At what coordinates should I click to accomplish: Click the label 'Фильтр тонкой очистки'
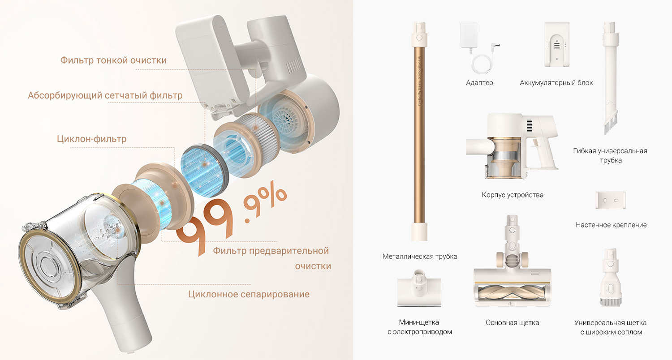click(x=113, y=60)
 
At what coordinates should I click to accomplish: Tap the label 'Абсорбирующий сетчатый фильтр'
click(x=105, y=95)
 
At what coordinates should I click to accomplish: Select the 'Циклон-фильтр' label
click(x=91, y=139)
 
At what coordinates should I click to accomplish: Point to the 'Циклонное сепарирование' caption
click(x=249, y=294)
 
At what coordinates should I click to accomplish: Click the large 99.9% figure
click(x=231, y=219)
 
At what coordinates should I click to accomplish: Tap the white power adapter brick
click(x=469, y=34)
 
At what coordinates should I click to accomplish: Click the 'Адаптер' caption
click(x=479, y=83)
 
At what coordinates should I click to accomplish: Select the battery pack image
click(x=557, y=44)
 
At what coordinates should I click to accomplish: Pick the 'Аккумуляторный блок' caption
click(x=556, y=83)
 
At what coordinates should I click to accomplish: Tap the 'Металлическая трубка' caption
click(x=420, y=256)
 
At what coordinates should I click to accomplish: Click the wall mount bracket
click(x=611, y=200)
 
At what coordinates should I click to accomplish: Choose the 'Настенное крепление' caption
click(x=611, y=225)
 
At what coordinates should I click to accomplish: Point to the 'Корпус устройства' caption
click(x=513, y=195)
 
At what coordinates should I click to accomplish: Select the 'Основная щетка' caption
click(x=512, y=322)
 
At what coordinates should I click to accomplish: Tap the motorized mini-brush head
click(x=419, y=288)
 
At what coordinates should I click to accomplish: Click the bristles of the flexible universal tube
click(x=611, y=122)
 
